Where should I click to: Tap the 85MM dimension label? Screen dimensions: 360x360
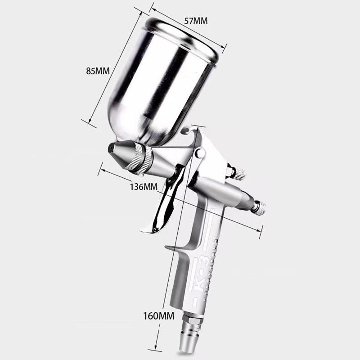pyautogui.click(x=99, y=72)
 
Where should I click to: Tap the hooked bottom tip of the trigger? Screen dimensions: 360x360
pyautogui.click(x=144, y=230)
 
